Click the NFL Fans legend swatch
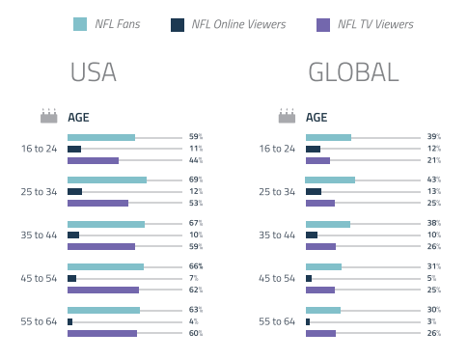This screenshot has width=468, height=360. pos(80,24)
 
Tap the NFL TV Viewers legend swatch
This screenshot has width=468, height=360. pos(323,24)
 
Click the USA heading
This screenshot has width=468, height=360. pos(94,73)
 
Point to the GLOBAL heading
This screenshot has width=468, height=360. pos(352,73)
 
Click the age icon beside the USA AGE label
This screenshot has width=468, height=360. pos(49,117)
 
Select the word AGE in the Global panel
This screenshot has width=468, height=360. pos(317,118)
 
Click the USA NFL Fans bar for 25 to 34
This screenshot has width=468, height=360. pos(107,180)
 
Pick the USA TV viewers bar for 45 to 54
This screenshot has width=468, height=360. pos(103,290)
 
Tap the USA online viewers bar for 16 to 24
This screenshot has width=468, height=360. pos(74,150)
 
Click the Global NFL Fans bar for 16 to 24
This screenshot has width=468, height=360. pos(328,138)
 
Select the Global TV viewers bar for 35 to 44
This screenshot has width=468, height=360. pos(320,246)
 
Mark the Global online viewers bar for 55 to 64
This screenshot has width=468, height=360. pos(308,321)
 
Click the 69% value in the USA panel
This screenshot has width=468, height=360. pos(195,180)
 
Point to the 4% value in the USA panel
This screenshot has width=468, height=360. pos(196,321)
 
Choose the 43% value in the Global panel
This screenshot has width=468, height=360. pos(433,180)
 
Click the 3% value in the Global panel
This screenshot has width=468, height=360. pos(434,321)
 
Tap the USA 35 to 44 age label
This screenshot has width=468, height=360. pos(40,235)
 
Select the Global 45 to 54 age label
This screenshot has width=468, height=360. pos(278,278)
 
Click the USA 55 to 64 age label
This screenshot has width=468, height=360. pos(40,321)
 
